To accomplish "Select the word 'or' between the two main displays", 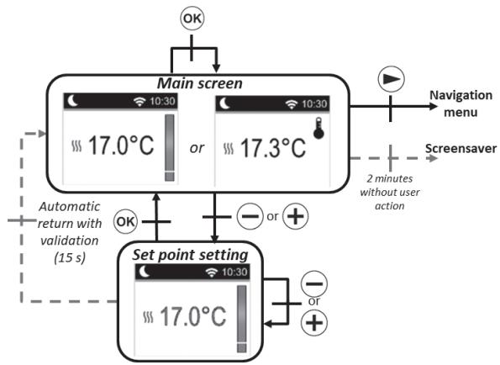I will [x=196, y=148].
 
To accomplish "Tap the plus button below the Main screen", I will [x=295, y=216].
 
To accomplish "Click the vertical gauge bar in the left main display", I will [x=170, y=147].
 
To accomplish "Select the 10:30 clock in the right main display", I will [x=316, y=103].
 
